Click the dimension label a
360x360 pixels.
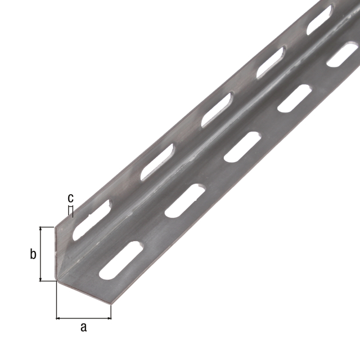tap(84, 327)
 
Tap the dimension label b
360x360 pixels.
tap(33, 255)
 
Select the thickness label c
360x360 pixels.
tap(70, 198)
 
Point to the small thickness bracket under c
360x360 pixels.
tap(70, 210)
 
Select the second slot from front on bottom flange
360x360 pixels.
tap(184, 200)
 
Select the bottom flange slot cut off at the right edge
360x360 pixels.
tap(344, 54)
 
